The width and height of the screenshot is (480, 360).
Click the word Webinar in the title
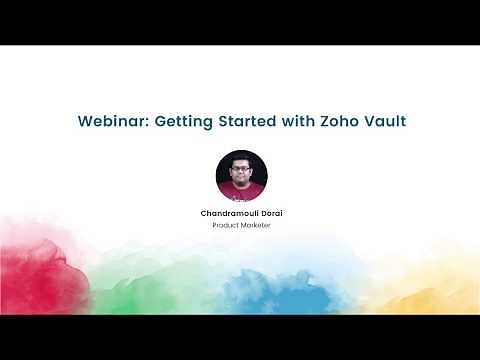tap(111, 122)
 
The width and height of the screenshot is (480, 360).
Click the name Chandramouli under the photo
tap(228, 213)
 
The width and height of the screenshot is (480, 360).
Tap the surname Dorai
tap(267, 213)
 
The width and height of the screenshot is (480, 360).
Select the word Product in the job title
tap(225, 225)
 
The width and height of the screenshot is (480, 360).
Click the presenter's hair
tap(241, 157)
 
